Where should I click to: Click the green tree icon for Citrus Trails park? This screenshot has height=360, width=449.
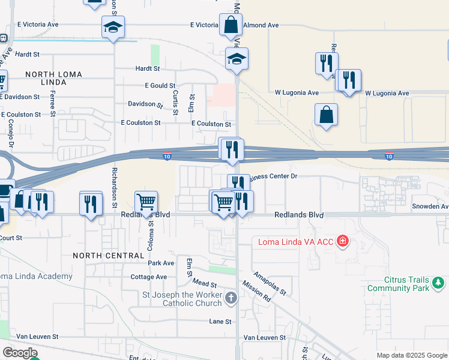[439, 282]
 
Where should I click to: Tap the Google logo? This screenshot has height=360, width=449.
[20, 353]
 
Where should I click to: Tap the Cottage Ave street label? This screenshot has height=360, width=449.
[148, 277]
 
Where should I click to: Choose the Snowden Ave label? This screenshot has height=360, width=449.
[430, 206]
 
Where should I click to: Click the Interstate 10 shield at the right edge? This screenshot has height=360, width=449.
[389, 157]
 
